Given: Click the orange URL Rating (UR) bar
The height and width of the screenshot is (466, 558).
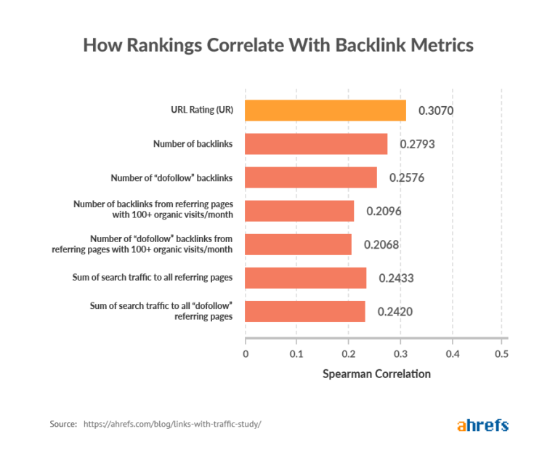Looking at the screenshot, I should tap(325, 111).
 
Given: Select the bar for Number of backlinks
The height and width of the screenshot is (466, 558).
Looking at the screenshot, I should tap(316, 144).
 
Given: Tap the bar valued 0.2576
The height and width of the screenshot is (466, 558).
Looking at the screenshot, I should tap(311, 177).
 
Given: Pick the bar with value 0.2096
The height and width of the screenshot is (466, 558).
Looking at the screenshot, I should tap(299, 211).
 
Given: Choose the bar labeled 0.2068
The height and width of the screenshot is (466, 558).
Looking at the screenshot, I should tap(299, 244).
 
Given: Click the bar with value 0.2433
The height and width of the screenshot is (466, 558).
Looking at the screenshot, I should tap(306, 278).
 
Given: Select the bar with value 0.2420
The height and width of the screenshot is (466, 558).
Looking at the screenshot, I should tap(305, 311).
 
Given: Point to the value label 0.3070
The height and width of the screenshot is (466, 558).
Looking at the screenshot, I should tap(437, 111).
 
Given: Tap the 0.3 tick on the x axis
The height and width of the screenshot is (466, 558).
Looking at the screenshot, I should tap(400, 354).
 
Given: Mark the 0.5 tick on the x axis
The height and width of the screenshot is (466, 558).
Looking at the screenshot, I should tap(501, 354).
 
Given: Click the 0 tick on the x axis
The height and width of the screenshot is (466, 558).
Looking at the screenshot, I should tap(246, 354).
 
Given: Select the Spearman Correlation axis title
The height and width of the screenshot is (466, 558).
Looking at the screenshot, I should tap(376, 374).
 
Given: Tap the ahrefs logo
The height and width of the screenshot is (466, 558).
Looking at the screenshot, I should tap(482, 425).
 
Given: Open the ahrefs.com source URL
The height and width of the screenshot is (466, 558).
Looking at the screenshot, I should tap(171, 424).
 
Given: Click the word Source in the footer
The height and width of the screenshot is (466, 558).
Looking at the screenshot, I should tap(63, 424).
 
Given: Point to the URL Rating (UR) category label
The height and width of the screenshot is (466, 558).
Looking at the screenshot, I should tap(197, 111).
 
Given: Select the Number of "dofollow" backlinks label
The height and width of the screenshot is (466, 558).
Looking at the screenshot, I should tap(171, 177).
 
